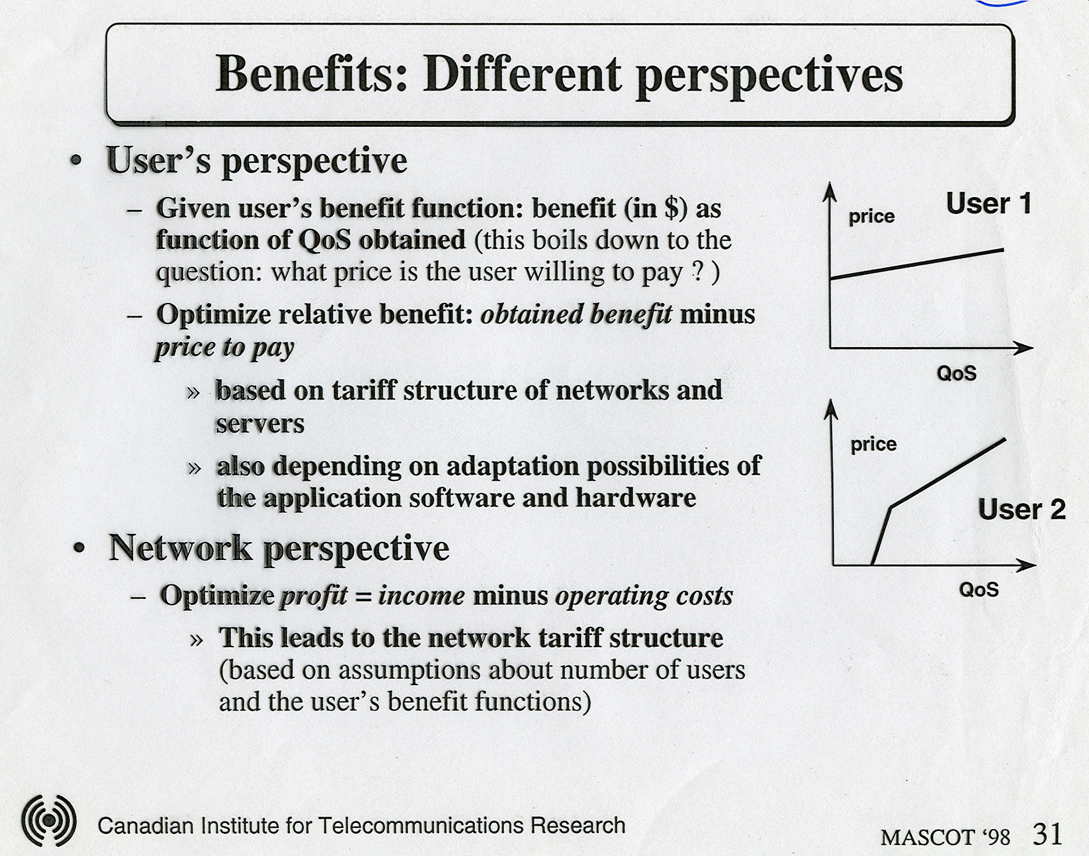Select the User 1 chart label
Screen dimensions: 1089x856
coord(989,204)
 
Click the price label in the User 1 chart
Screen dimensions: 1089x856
coord(872,217)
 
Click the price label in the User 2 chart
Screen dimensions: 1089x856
coord(873,445)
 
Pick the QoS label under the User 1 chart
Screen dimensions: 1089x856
coord(957,373)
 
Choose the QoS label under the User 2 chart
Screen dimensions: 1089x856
coord(979,589)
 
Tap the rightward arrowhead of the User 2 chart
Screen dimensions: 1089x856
coord(1026,565)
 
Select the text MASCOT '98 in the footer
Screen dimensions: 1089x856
coord(945,837)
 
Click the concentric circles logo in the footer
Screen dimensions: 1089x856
coord(49,820)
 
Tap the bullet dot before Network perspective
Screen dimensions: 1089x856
coord(80,549)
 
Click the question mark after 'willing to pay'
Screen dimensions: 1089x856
coord(698,272)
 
